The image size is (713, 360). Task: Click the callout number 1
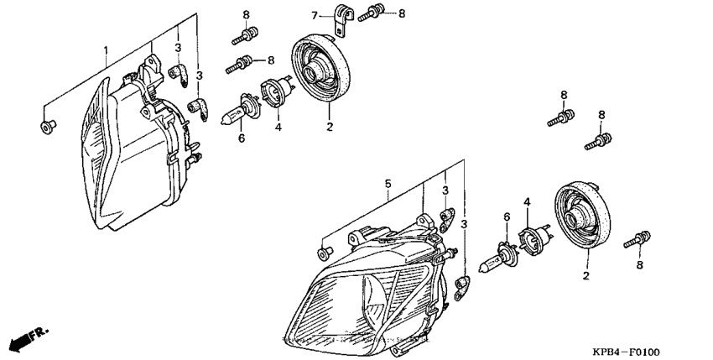[105, 50]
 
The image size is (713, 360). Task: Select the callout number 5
[388, 182]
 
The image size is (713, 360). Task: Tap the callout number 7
[315, 15]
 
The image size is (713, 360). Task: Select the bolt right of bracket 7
[375, 13]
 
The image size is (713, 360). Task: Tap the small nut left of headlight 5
[322, 252]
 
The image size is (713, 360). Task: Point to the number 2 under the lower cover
[586, 274]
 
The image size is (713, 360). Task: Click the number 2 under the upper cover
[329, 127]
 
